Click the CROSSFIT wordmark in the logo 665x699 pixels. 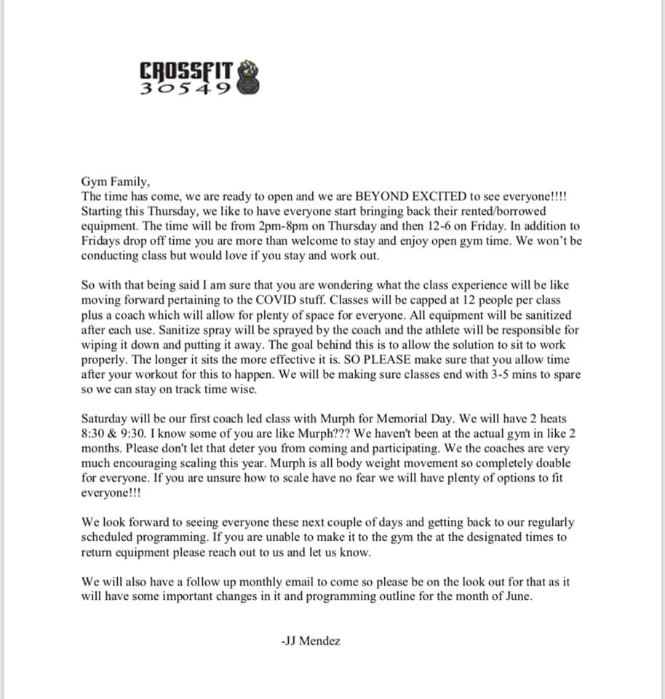(186, 71)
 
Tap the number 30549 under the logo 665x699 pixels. (185, 89)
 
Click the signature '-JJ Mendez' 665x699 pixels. (310, 641)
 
